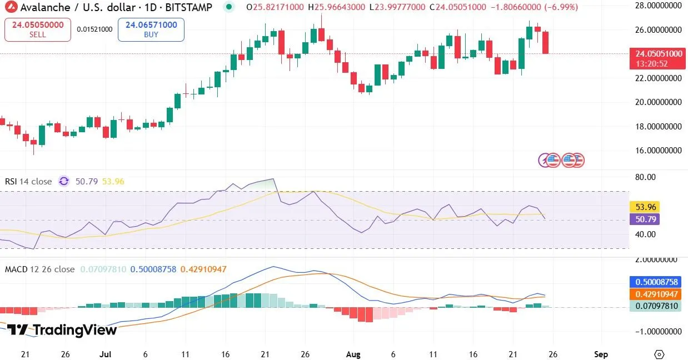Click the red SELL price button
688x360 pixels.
[38, 29]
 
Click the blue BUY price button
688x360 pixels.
[151, 29]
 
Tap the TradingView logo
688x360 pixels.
[62, 330]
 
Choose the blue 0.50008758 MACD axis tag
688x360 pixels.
[655, 282]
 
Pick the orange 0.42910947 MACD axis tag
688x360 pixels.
[655, 294]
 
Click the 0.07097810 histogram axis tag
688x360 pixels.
[655, 306]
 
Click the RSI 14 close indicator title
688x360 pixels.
[28, 182]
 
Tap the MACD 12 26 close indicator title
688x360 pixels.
[39, 269]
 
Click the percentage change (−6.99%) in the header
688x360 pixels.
[561, 7]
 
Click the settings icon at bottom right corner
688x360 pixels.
[660, 354]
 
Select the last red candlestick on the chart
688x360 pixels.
[546, 43]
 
